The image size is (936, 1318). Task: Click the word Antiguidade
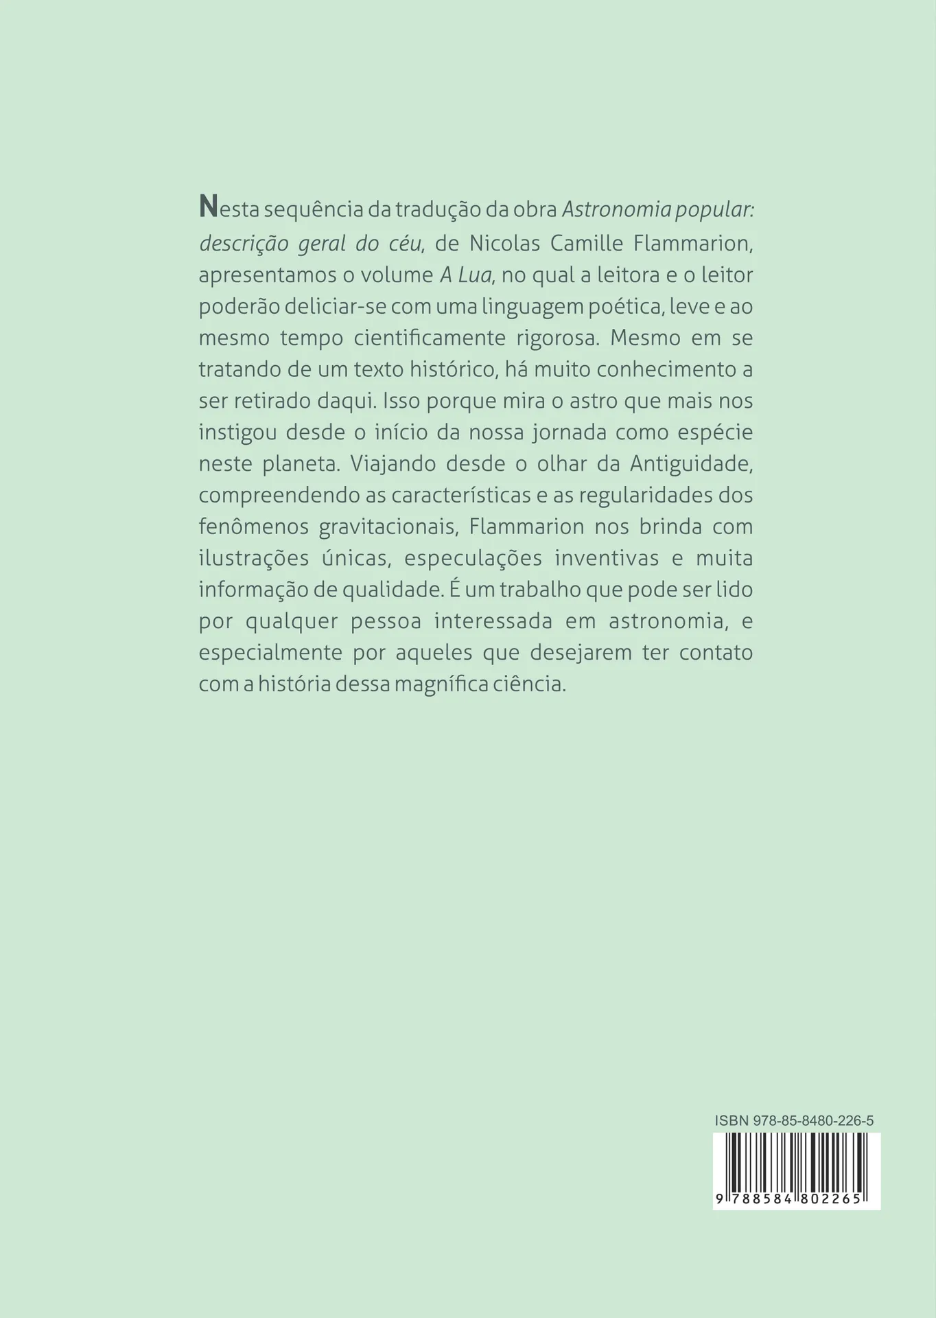(x=692, y=464)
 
